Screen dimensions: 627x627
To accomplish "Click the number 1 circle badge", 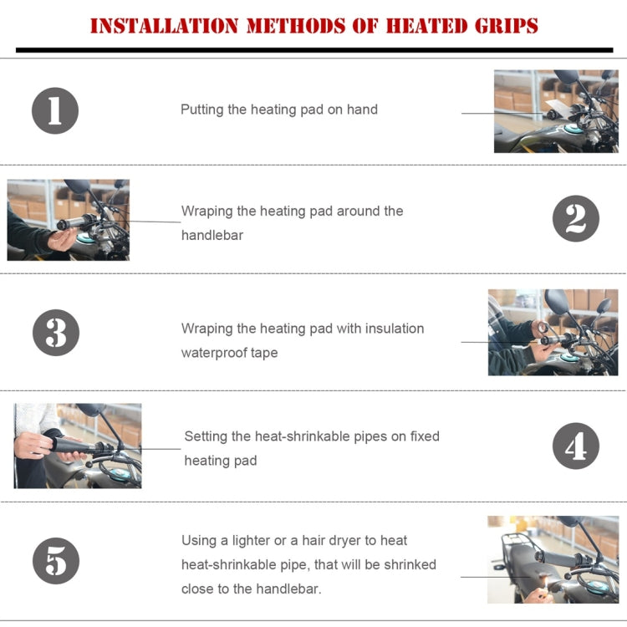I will (x=55, y=110).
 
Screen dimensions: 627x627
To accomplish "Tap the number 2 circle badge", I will (x=576, y=219).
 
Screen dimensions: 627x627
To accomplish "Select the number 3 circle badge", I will (x=55, y=332).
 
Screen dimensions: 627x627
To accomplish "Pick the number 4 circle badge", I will (x=576, y=446).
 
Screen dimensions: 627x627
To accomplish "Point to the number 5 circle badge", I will (x=55, y=560).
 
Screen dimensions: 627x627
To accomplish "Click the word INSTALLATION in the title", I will (x=164, y=26).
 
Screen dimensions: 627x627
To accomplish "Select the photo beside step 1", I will (x=556, y=111).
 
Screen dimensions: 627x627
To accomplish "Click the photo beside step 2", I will (x=69, y=220).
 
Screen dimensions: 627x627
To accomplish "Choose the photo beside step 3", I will (x=553, y=332).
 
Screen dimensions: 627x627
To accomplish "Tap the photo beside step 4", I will (x=78, y=446).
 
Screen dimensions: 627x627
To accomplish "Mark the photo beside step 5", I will (x=553, y=559).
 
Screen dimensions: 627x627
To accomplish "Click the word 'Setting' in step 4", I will (x=206, y=436).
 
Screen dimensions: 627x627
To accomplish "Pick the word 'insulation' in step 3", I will (x=392, y=329).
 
